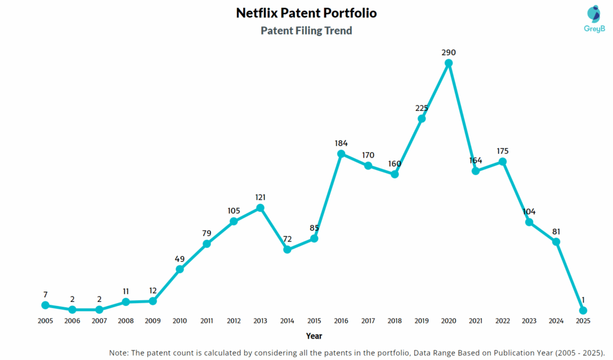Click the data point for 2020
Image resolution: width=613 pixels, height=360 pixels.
pyautogui.click(x=449, y=63)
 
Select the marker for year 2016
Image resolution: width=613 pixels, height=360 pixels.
pyautogui.click(x=341, y=154)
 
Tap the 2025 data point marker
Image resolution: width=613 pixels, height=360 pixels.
pyautogui.click(x=583, y=310)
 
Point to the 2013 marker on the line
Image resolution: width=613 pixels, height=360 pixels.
pyautogui.click(x=260, y=208)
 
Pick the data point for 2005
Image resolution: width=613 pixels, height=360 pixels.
pyautogui.click(x=45, y=305)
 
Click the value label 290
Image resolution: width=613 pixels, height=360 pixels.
pyautogui.click(x=449, y=53)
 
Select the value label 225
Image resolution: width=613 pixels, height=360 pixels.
pyautogui.click(x=422, y=108)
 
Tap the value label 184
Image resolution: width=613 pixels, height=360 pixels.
pyautogui.click(x=341, y=143)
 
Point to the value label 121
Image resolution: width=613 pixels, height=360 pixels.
pyautogui.click(x=260, y=197)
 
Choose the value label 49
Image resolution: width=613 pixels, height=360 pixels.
pyautogui.click(x=180, y=259)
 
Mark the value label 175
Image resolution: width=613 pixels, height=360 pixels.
pyautogui.click(x=503, y=151)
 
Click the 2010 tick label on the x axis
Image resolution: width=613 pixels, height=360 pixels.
pyautogui.click(x=180, y=320)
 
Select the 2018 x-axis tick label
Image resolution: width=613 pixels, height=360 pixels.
pyautogui.click(x=395, y=320)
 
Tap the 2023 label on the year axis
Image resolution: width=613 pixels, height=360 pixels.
pyautogui.click(x=529, y=320)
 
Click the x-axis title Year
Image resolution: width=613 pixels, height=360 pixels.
pyautogui.click(x=314, y=336)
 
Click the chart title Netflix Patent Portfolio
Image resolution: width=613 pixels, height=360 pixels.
pyautogui.click(x=306, y=13)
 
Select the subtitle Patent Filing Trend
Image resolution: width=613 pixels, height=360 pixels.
pyautogui.click(x=306, y=30)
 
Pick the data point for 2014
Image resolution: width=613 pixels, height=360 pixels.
pyautogui.click(x=287, y=249)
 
